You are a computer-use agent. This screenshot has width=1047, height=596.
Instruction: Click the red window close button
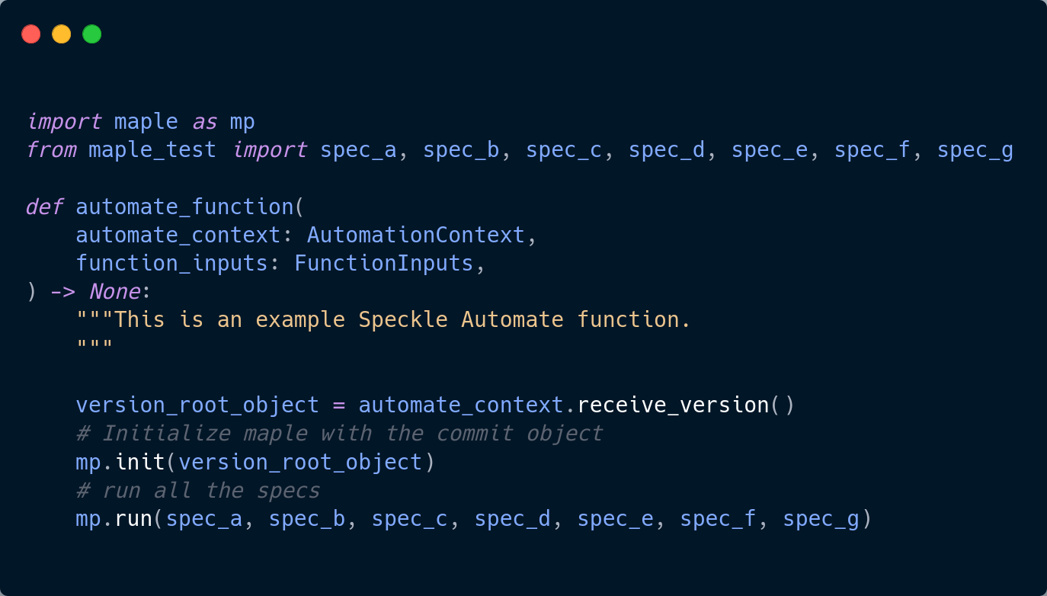tap(30, 34)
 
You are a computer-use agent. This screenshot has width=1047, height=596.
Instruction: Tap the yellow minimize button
tap(61, 34)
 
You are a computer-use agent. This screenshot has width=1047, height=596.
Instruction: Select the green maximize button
tap(92, 34)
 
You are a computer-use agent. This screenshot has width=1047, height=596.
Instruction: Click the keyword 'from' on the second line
tap(50, 150)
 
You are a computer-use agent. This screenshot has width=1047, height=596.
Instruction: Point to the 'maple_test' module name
tap(152, 150)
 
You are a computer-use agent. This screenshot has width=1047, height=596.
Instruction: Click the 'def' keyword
tap(43, 207)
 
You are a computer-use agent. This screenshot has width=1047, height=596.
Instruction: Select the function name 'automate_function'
tap(184, 207)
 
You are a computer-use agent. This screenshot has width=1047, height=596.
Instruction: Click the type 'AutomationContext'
tap(415, 235)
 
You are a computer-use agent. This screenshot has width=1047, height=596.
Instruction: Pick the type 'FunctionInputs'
tap(383, 263)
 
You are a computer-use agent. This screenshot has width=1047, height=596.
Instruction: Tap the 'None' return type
tap(114, 291)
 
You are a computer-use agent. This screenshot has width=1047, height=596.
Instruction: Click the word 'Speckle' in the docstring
tap(403, 319)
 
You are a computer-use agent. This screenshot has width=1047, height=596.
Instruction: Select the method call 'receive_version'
tap(673, 405)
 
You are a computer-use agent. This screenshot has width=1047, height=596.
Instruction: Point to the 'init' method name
tap(139, 462)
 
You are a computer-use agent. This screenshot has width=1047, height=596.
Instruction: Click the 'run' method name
tap(133, 519)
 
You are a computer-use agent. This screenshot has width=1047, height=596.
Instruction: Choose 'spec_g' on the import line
tap(975, 150)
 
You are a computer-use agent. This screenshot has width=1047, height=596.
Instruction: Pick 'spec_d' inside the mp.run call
tap(512, 519)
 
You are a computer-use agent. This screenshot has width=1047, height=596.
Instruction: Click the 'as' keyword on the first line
tap(203, 122)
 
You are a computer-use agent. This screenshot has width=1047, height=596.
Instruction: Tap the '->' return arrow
tap(62, 291)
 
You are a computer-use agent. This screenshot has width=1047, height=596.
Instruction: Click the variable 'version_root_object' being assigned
tap(197, 405)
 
